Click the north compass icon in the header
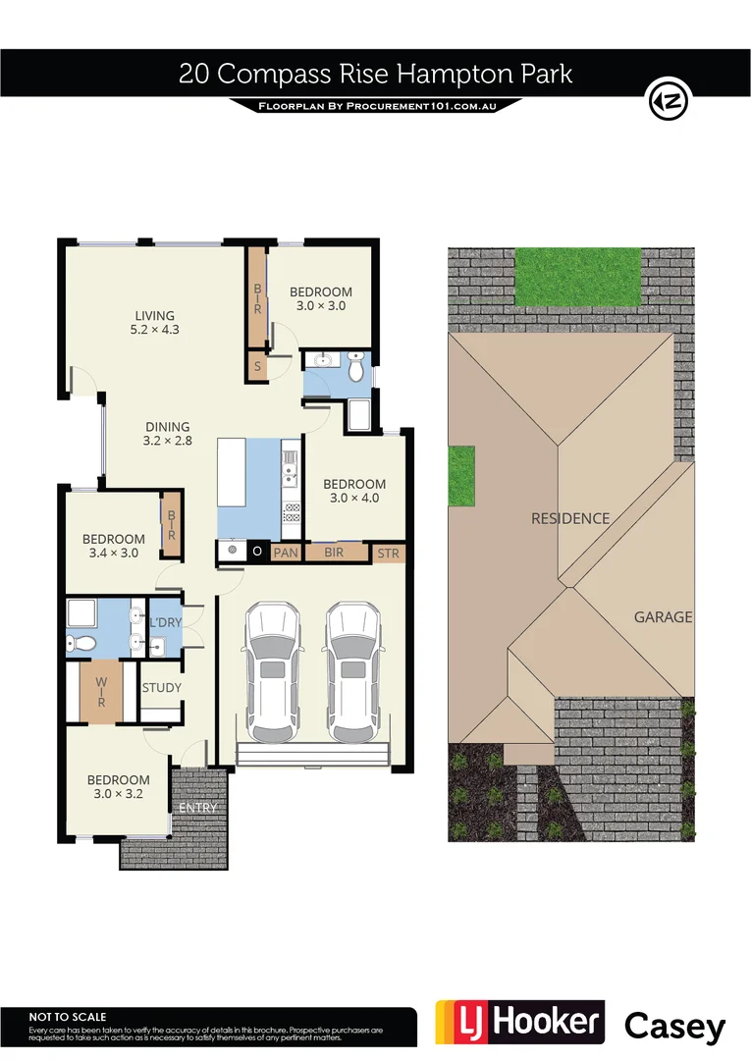coord(669,100)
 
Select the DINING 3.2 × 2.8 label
coord(167,433)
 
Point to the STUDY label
coord(162,688)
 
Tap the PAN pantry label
coord(285,553)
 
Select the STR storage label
coord(389,554)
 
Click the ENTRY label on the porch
coord(197,808)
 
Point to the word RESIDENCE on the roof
coord(570,518)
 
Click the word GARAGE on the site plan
coord(663,617)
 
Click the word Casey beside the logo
coord(675,1026)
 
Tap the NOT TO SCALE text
coord(68,1017)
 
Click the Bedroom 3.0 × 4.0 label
coord(354,491)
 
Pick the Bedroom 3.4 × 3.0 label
coord(113,546)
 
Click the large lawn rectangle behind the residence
coord(577,276)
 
